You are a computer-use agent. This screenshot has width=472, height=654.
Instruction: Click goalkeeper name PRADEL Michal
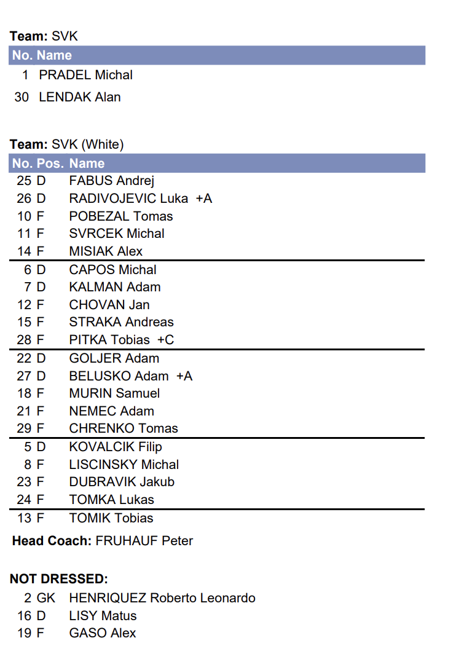click(85, 75)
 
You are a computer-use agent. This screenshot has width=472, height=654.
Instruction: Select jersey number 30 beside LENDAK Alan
click(22, 97)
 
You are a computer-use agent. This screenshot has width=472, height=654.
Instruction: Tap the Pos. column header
click(50, 163)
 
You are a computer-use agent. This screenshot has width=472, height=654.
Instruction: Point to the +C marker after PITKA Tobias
click(165, 340)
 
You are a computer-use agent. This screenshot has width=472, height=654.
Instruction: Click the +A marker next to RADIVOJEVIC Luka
click(203, 199)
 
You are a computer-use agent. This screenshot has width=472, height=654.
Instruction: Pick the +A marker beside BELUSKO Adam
click(184, 376)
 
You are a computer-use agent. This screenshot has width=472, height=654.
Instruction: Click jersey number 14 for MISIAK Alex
click(24, 251)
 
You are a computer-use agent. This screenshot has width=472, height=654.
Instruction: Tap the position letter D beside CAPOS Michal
click(41, 270)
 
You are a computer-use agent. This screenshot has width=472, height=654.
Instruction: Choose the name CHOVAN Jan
click(109, 305)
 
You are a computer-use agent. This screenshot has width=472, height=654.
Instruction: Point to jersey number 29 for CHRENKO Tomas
click(24, 428)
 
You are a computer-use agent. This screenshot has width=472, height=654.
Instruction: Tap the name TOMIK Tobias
click(111, 518)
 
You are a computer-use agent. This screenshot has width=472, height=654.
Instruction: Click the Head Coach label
click(52, 541)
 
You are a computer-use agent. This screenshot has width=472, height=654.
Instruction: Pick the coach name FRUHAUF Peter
click(144, 541)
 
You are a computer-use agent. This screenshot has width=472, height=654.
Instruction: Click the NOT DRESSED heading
click(59, 579)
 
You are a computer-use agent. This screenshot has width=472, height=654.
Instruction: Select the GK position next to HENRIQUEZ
click(46, 598)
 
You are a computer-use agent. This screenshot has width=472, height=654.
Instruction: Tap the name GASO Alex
click(103, 633)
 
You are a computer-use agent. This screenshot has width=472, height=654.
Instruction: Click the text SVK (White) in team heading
click(88, 144)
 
